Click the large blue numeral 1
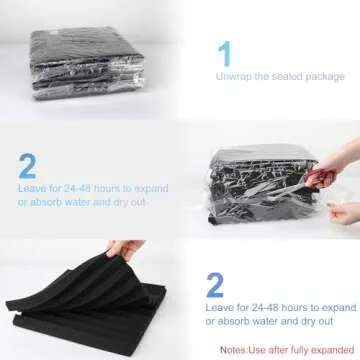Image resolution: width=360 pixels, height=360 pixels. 225,53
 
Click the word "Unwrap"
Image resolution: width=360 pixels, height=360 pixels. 234,76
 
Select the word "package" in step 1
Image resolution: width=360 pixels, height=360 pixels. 325,77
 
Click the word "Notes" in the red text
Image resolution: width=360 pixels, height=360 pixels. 233,350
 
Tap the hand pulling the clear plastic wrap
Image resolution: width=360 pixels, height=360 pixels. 343,213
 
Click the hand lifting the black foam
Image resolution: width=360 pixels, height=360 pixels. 126,249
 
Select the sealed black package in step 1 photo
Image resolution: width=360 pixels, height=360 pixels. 87,63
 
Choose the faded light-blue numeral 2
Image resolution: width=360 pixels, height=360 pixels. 27,166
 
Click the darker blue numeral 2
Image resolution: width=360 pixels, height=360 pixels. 215,285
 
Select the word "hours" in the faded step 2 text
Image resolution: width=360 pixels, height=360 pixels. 107,188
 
